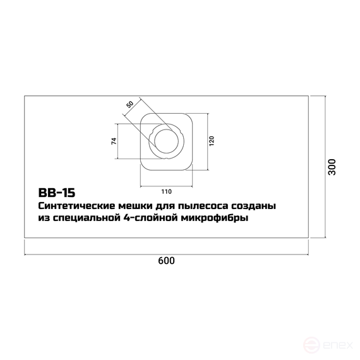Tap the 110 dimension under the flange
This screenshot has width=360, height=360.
pos(166,191)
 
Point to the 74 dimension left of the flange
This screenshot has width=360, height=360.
pos(114,141)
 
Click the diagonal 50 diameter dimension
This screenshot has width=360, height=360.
pos(130,104)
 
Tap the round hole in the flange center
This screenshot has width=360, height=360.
pos(165,140)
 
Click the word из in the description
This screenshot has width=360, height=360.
pos(44,219)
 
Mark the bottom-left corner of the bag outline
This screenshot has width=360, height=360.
pos(24,239)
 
